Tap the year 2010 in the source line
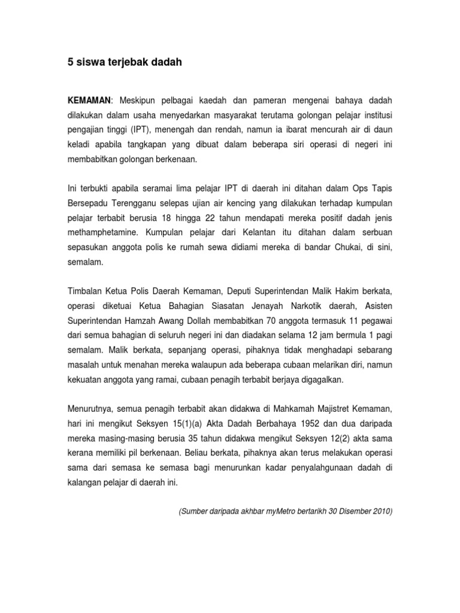pos(380,512)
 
